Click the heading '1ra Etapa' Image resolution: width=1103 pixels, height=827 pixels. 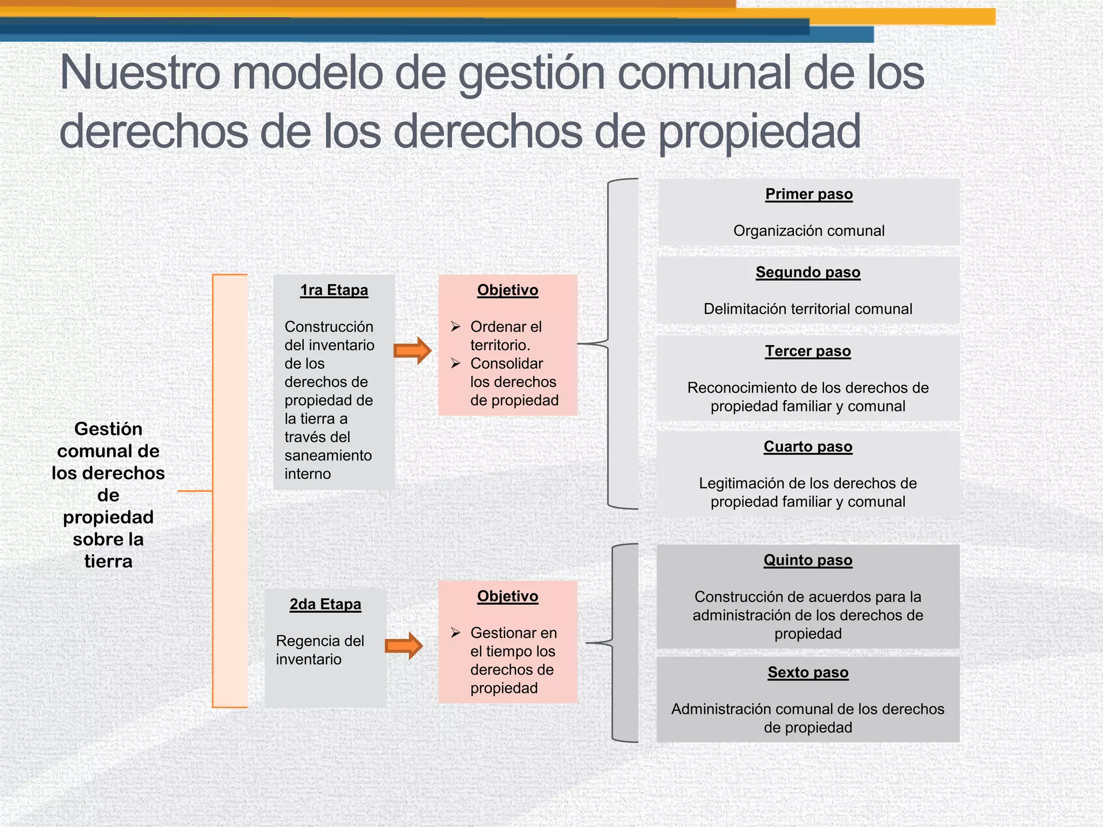[x=334, y=290]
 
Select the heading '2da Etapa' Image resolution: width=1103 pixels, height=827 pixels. [x=325, y=604]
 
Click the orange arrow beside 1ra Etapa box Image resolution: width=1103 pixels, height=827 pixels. [x=413, y=351]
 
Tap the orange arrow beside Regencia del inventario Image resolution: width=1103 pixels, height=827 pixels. [x=404, y=646]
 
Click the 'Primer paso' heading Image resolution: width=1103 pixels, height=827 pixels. [x=809, y=194]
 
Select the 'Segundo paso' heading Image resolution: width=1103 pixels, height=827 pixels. [x=808, y=272]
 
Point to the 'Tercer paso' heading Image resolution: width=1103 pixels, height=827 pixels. [x=808, y=351]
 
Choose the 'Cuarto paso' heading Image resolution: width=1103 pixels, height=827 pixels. [x=808, y=447]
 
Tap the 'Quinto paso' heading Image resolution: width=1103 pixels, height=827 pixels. [x=808, y=560]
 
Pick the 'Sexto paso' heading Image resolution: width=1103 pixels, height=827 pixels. [x=808, y=672]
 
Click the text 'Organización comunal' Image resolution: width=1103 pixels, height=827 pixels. [x=809, y=231]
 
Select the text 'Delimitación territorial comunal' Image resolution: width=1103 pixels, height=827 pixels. [x=808, y=309]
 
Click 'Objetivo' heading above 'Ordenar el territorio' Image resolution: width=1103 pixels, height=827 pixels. [x=507, y=290]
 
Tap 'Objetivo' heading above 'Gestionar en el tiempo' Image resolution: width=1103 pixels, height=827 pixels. [x=507, y=597]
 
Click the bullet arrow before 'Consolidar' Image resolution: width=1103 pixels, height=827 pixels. [x=456, y=363]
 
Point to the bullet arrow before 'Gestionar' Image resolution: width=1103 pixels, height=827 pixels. [x=456, y=633]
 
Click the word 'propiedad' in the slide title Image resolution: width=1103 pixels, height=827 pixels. [x=759, y=132]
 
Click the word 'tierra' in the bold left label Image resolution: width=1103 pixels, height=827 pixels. [x=108, y=562]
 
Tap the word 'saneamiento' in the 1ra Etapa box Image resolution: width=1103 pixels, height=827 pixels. [x=328, y=455]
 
